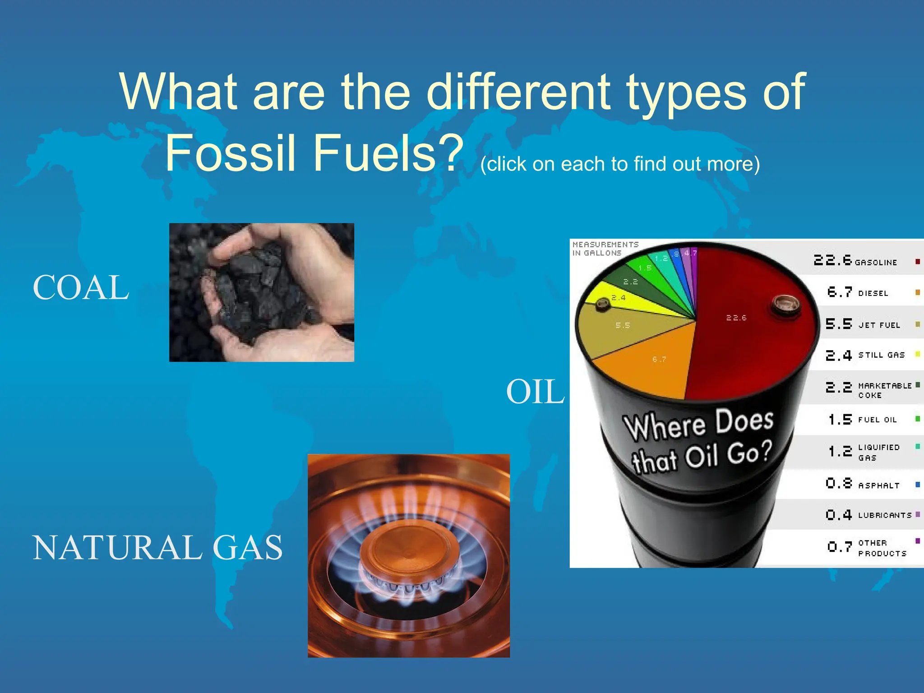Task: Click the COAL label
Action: click(81, 288)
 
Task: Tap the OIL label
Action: click(535, 392)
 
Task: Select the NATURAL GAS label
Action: click(157, 548)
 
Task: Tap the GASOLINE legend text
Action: click(875, 263)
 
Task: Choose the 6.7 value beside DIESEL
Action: click(839, 292)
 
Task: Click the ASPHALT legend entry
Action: click(878, 485)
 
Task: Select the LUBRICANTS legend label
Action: click(884, 515)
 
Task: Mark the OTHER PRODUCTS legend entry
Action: click(882, 548)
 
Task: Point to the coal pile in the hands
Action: click(257, 289)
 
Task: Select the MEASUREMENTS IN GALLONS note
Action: click(605, 249)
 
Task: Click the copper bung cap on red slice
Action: click(785, 305)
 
